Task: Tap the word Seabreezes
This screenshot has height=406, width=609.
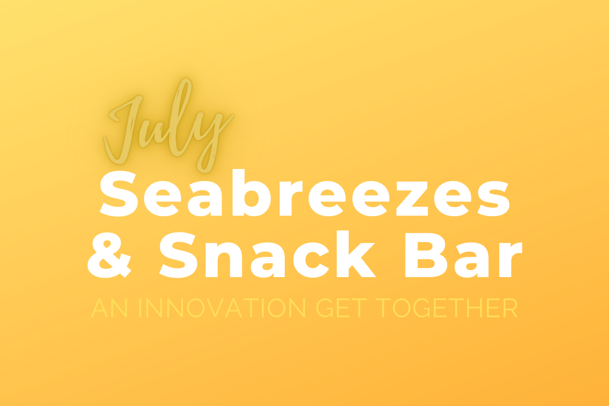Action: pos(305,193)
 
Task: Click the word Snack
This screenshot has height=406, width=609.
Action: pos(267,255)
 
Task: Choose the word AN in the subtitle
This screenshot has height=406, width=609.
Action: pos(109,308)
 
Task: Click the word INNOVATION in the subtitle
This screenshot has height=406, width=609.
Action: pos(222,308)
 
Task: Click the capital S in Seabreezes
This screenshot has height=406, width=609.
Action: pos(119,194)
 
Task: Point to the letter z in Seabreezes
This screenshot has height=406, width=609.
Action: pos(412,198)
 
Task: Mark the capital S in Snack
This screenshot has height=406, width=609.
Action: pos(178,255)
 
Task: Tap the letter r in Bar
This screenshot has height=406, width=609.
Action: pos(509,260)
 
